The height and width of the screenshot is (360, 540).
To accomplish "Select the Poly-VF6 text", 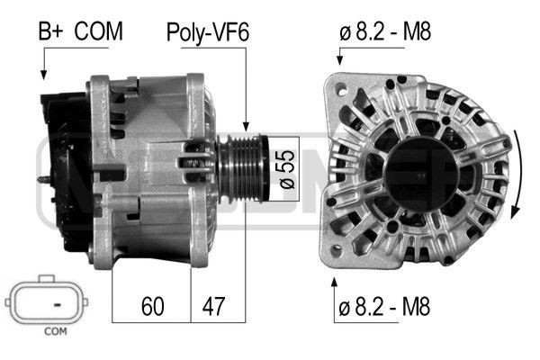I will (208, 33).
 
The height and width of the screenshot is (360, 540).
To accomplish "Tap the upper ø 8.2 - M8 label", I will (386, 32).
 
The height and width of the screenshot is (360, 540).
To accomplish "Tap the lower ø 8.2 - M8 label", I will (386, 306).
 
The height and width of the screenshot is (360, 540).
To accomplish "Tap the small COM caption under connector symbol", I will (56, 332).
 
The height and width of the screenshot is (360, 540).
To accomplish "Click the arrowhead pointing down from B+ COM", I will (43, 76).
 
